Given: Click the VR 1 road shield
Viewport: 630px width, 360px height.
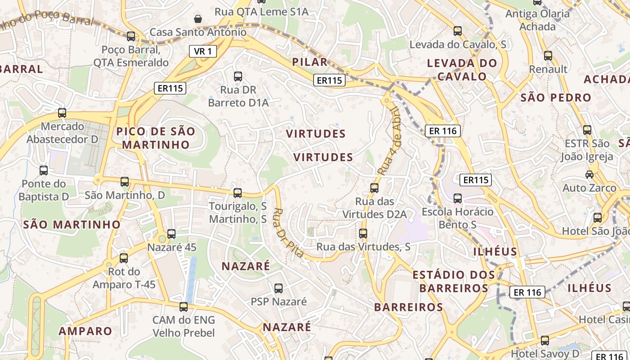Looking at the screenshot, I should tap(202, 51).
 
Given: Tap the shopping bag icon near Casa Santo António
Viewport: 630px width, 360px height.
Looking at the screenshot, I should tap(198, 18).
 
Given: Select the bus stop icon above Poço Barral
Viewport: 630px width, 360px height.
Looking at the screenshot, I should tap(131, 36).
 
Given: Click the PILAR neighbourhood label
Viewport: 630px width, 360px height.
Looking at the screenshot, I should tap(310, 62).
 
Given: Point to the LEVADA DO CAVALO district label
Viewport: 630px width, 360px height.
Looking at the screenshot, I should tap(462, 70).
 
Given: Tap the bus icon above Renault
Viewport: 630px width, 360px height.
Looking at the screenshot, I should tap(548, 56).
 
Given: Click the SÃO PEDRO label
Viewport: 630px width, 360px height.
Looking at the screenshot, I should tap(555, 97).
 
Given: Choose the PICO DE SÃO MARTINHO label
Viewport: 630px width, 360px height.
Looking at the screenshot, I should tap(156, 138).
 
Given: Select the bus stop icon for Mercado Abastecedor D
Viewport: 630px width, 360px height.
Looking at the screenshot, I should tap(62, 113).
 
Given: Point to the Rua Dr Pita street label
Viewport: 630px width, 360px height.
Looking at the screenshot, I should tap(288, 233).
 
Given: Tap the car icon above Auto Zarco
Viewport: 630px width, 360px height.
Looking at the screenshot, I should tap(589, 175).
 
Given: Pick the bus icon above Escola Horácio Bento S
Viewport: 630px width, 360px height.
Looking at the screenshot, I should tap(458, 198).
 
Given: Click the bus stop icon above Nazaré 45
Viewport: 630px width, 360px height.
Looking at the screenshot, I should tap(171, 234).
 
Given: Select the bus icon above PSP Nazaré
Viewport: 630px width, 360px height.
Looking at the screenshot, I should tap(279, 288).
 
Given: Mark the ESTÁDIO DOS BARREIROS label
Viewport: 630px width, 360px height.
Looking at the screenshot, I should tap(454, 281).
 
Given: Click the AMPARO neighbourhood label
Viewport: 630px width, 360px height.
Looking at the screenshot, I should tap(85, 331).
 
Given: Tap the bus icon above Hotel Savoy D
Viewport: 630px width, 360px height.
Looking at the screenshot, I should tap(544, 340).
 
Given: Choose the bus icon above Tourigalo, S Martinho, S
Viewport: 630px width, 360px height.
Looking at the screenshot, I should tap(238, 193).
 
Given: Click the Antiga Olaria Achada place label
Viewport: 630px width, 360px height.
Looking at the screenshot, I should tap(537, 20).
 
